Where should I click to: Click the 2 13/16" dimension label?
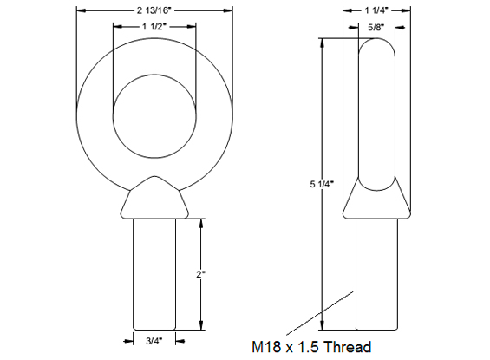click(x=154, y=10)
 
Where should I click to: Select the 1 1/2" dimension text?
click(x=154, y=27)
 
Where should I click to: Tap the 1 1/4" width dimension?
click(x=376, y=10)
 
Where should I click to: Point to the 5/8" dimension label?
click(x=376, y=28)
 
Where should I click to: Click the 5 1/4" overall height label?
click(x=322, y=185)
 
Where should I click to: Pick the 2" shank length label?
click(x=200, y=275)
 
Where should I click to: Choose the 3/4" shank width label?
click(x=154, y=341)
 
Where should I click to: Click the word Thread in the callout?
click(x=346, y=347)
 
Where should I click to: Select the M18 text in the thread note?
click(x=266, y=347)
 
